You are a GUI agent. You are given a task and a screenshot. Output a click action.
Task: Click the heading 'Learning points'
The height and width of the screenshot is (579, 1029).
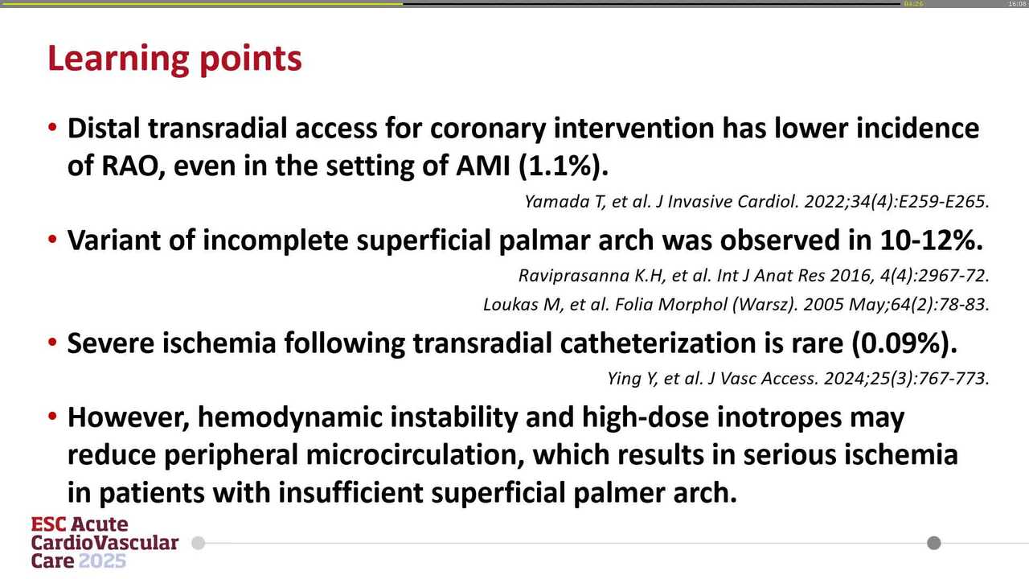[174, 59]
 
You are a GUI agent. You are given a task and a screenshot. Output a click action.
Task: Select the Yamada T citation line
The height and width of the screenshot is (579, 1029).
[756, 202]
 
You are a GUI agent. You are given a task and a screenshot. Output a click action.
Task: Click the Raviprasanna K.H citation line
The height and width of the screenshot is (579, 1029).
[753, 275]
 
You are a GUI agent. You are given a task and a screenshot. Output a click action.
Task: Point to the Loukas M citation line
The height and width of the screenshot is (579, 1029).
[736, 305]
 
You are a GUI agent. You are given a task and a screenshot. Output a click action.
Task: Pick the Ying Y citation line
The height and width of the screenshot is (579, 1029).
[796, 378]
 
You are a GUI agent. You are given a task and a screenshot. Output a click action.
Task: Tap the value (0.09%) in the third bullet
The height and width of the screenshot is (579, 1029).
[904, 343]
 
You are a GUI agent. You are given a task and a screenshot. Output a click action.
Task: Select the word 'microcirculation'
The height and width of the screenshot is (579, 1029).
[415, 455]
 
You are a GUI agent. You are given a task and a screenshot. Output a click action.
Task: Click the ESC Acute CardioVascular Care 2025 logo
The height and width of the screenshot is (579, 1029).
[105, 543]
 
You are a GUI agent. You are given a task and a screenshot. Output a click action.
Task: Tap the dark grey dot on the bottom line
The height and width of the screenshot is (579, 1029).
[933, 543]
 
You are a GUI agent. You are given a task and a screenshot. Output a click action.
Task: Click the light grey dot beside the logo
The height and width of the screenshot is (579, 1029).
[199, 543]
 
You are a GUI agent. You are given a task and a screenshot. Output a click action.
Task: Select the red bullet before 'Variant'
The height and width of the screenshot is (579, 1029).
[52, 240]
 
